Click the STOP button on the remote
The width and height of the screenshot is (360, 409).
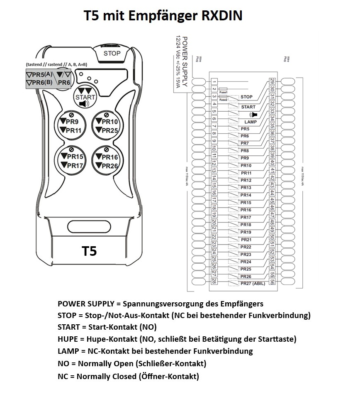click(x=112, y=54)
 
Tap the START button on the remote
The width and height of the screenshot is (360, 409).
click(x=85, y=97)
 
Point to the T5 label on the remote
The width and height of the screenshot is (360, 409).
click(x=89, y=251)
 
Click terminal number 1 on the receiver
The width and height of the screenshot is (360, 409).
click(x=214, y=82)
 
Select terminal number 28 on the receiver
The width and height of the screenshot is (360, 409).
click(x=214, y=281)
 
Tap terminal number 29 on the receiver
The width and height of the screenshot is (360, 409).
click(x=272, y=81)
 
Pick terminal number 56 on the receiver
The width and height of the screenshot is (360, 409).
click(x=272, y=281)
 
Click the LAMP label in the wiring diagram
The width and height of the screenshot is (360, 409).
click(x=249, y=122)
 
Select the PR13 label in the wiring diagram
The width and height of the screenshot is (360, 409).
click(x=246, y=188)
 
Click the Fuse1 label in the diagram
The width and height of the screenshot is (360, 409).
click(x=224, y=92)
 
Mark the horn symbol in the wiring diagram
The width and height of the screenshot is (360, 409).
click(x=253, y=114)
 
